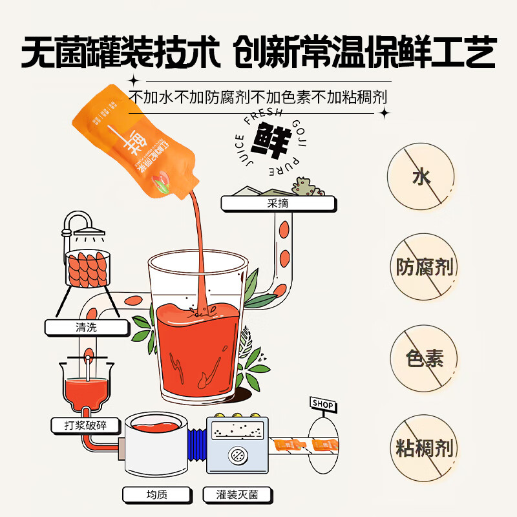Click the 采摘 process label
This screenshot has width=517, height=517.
[277, 204]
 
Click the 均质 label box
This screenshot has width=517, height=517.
[157, 495]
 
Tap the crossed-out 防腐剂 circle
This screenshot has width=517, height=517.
[425, 267]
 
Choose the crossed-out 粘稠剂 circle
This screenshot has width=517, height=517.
[425, 448]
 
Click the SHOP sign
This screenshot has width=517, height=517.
[322, 405]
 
